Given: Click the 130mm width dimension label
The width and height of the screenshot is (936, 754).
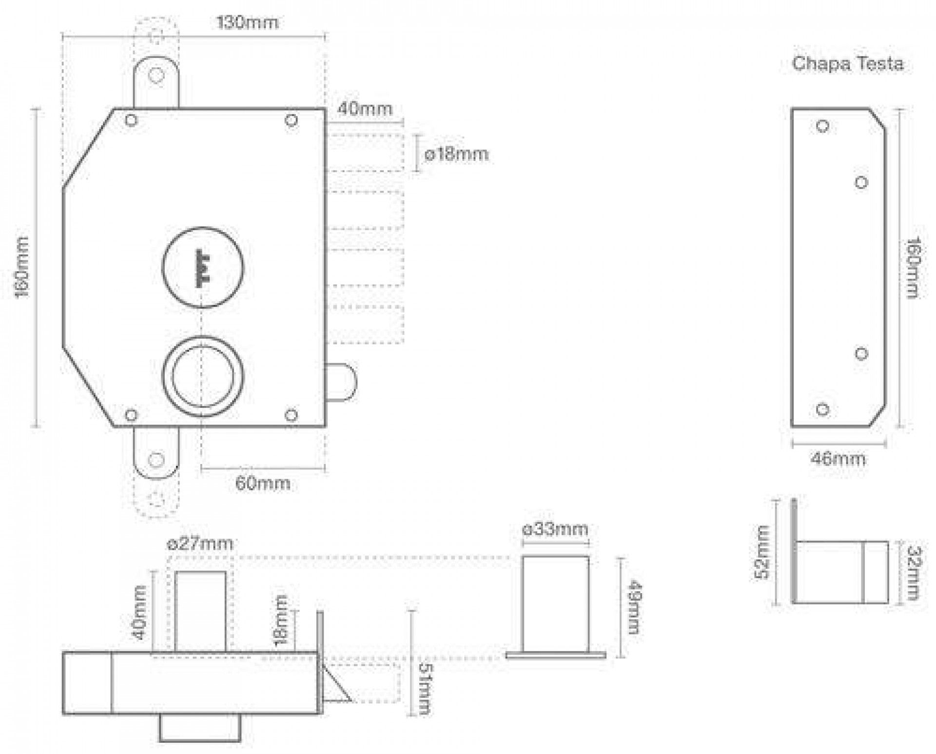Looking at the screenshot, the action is (247, 22).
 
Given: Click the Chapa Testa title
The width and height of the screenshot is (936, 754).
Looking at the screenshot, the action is (847, 64).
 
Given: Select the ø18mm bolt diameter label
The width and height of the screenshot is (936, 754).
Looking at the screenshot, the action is (456, 155).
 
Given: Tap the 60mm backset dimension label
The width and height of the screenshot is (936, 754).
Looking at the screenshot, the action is (263, 483).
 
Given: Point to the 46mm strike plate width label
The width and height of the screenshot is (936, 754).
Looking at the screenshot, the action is (838, 459).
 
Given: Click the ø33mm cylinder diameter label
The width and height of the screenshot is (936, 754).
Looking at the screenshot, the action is (555, 529).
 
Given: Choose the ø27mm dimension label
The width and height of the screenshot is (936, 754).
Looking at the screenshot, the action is (200, 543).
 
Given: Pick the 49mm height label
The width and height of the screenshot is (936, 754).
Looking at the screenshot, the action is (632, 607).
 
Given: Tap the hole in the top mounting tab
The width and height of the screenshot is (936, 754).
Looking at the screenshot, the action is (156, 75).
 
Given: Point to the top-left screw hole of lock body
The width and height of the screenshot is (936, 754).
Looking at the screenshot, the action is (131, 120).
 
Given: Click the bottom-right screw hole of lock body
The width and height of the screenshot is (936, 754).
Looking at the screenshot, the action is (291, 415).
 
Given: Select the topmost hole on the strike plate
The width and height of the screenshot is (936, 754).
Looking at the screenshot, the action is (823, 126).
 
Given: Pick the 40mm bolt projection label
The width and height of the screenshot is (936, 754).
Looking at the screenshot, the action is (365, 108).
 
